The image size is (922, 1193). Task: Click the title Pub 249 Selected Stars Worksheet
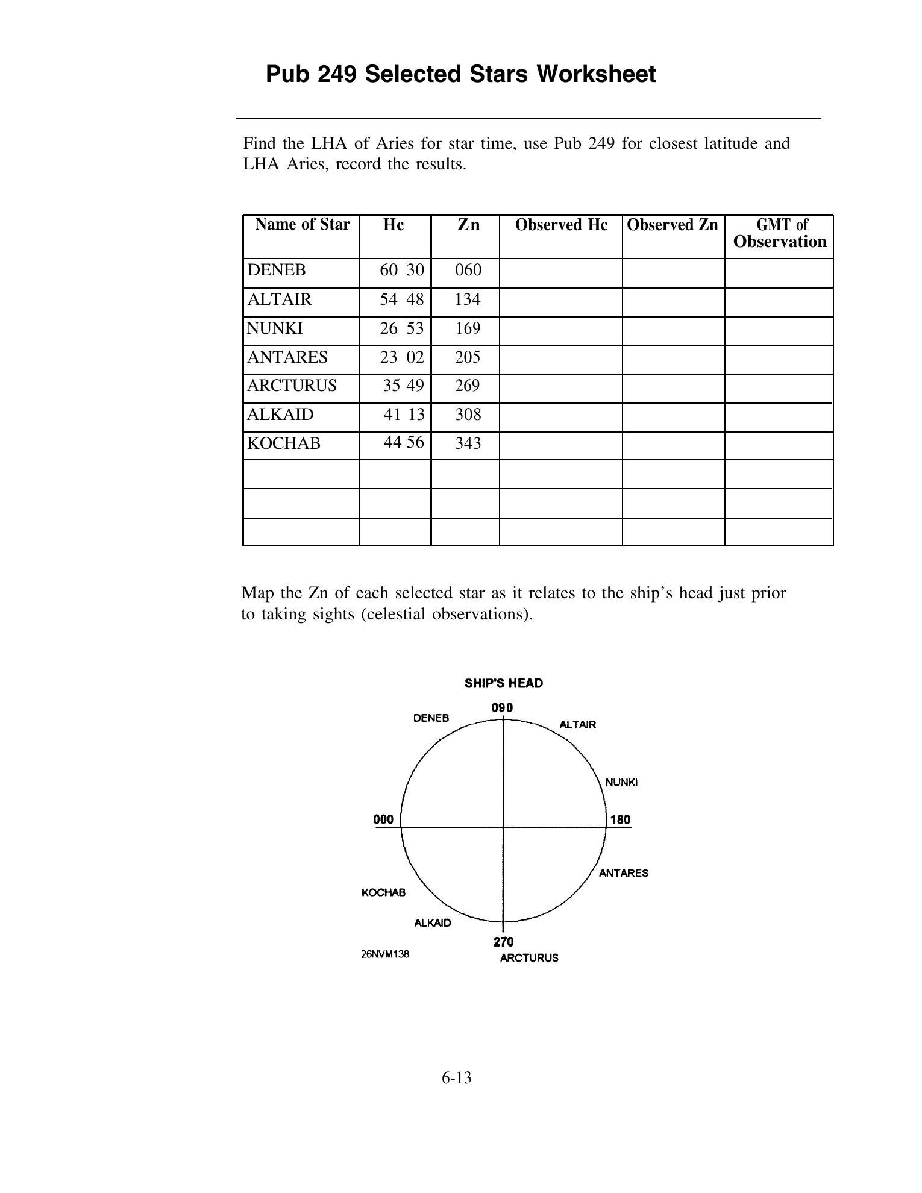(460, 75)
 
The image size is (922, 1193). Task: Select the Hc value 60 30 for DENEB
(402, 270)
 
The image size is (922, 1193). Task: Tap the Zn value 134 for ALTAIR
(468, 299)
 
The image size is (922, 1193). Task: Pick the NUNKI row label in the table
(275, 328)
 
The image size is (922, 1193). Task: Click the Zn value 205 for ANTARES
(468, 357)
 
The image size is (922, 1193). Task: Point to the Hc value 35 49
(403, 386)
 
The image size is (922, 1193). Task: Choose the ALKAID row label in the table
(280, 415)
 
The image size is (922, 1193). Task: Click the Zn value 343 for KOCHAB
(468, 443)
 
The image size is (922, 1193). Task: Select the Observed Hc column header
(561, 225)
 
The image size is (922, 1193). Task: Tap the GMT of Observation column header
(780, 233)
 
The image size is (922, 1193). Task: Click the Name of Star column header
(302, 225)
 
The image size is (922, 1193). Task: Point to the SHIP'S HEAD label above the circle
(504, 683)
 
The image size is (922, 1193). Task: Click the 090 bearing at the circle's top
(502, 707)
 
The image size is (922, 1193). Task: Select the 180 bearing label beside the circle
(620, 819)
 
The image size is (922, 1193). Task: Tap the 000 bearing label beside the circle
(383, 819)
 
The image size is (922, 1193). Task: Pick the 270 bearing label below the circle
(504, 942)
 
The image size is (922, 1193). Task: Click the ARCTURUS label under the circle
(529, 958)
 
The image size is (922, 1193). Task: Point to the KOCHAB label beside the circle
(383, 892)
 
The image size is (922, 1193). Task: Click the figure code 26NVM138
(385, 954)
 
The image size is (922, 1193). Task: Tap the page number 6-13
(456, 1078)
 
